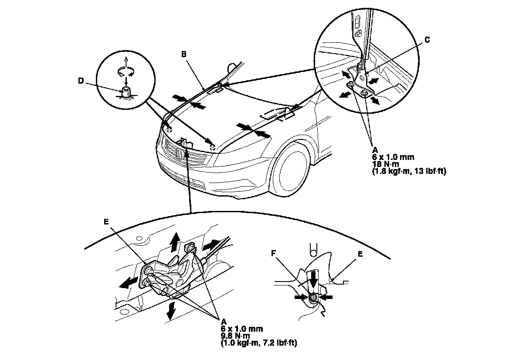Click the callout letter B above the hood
[x=184, y=55]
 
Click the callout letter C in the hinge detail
[x=427, y=40]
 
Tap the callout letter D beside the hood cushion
[x=80, y=81]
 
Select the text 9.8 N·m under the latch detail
[x=236, y=336]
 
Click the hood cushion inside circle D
[x=126, y=92]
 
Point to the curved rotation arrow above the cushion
[x=126, y=72]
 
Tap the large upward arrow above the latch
[x=175, y=241]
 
